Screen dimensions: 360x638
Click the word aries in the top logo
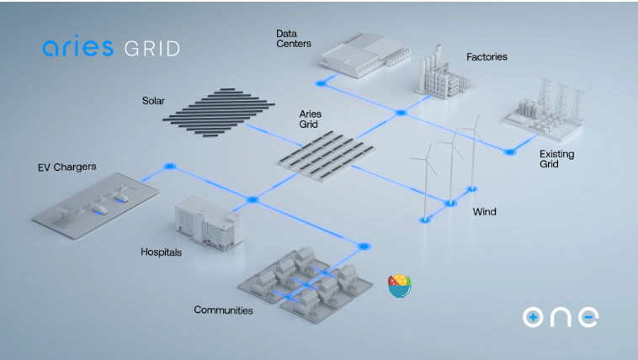click(x=77, y=47)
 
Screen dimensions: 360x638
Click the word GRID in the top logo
click(x=152, y=48)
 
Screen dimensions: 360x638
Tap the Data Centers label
click(x=293, y=39)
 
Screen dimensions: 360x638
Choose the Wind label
click(x=484, y=212)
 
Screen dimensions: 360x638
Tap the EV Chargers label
click(x=67, y=167)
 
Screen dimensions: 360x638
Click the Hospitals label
click(x=162, y=251)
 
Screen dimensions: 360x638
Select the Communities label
click(x=223, y=310)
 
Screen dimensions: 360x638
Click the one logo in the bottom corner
click(x=560, y=317)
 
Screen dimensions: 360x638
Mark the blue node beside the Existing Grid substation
click(x=509, y=151)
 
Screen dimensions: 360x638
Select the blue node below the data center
click(x=321, y=82)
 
